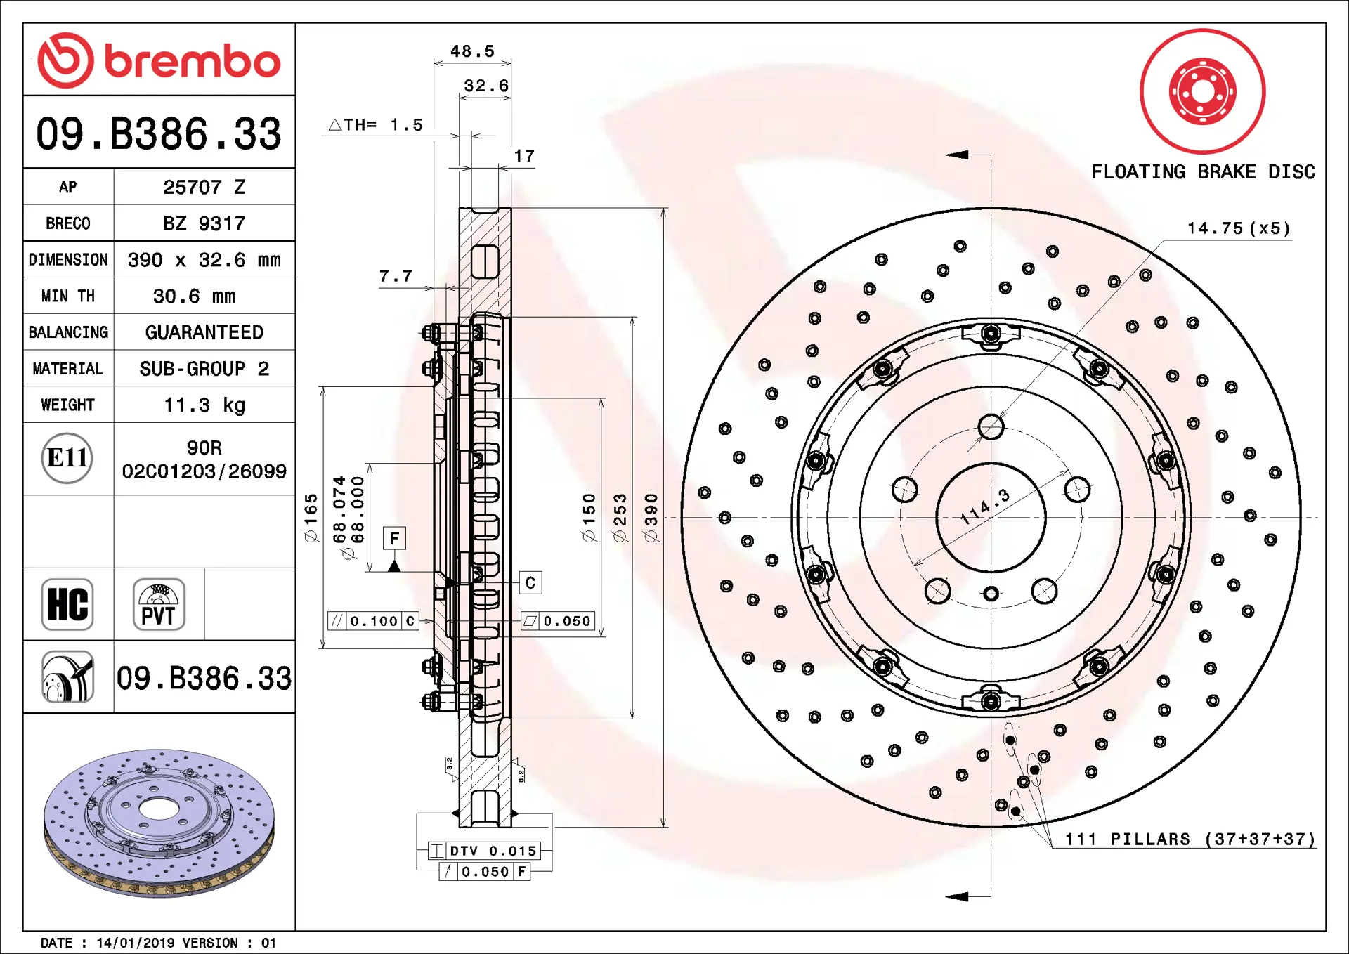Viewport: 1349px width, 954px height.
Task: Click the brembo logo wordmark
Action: (x=191, y=62)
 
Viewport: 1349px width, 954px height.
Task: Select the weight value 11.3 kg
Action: (x=204, y=405)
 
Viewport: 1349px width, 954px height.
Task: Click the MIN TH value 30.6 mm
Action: (x=194, y=296)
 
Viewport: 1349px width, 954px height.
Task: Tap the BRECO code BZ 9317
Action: (x=204, y=223)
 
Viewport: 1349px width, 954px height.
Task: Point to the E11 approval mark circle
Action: (x=67, y=458)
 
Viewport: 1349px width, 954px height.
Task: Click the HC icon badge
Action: (x=67, y=604)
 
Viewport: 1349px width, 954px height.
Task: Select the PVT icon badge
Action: (x=159, y=604)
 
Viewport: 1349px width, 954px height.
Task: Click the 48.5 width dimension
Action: (x=472, y=52)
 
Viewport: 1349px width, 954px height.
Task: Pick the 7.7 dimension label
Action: (x=396, y=277)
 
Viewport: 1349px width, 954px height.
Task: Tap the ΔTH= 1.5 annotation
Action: (x=376, y=125)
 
